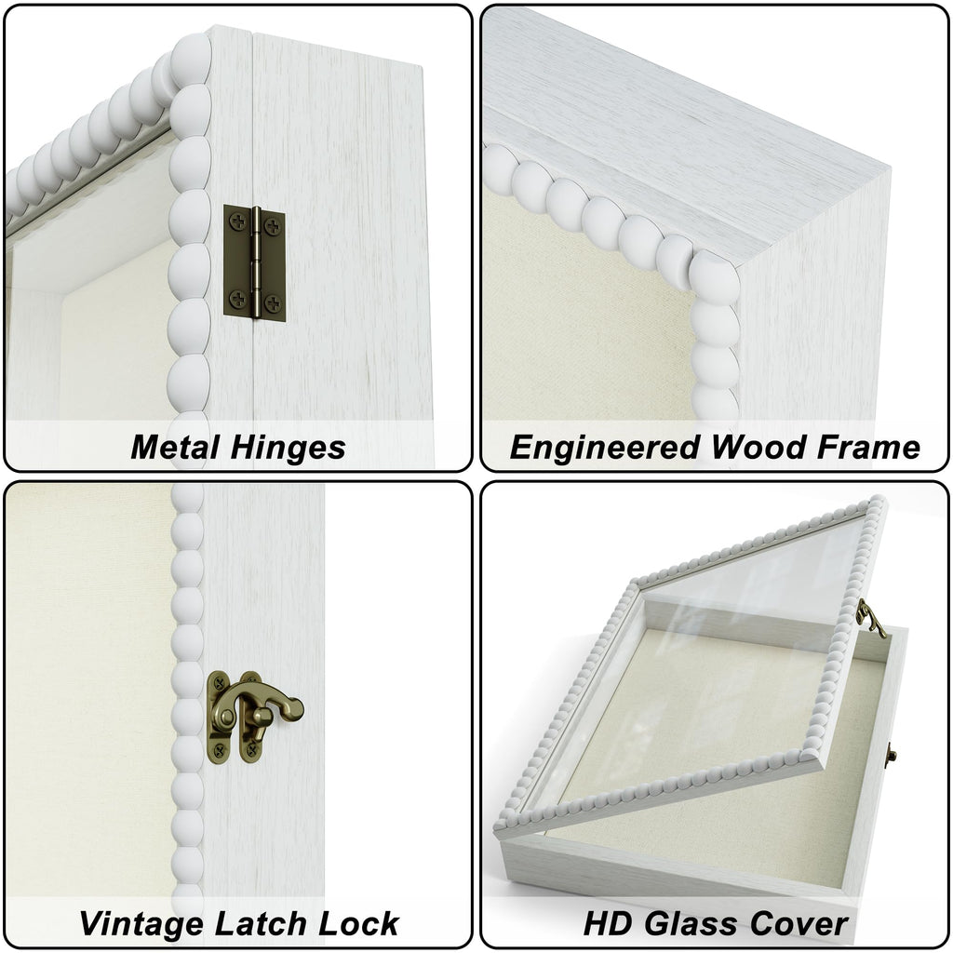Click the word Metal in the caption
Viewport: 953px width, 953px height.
point(175,448)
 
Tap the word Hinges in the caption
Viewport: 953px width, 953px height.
point(289,449)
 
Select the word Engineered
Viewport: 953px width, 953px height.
point(604,449)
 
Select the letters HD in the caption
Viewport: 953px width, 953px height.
point(609,924)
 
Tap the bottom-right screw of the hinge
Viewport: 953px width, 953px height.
point(273,302)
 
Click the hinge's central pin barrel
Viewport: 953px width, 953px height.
point(257,262)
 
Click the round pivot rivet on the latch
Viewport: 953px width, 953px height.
point(227,718)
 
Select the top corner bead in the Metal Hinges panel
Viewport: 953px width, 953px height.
point(190,60)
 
